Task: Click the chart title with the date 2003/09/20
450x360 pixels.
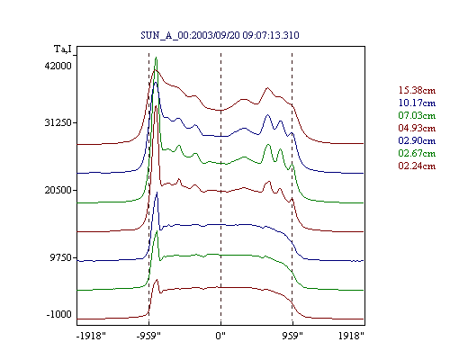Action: point(220,35)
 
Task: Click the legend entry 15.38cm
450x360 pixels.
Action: point(417,90)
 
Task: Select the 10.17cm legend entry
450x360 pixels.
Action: point(417,103)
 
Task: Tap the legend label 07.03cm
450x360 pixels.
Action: point(417,115)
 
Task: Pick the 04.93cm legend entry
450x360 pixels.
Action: point(417,128)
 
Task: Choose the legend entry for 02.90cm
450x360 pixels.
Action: point(417,140)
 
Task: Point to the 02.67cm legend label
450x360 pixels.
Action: point(417,153)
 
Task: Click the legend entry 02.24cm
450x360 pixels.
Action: point(417,166)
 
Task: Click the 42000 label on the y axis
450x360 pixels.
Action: point(58,66)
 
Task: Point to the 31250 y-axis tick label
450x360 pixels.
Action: point(58,122)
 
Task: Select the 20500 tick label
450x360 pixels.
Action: point(58,190)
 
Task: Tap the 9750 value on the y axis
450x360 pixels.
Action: point(61,257)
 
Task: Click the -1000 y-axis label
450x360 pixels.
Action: point(59,314)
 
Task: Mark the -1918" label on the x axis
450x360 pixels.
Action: point(91,336)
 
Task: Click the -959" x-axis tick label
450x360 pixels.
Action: point(148,336)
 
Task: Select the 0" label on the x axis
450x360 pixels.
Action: point(220,336)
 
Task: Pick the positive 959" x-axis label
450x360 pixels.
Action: point(292,336)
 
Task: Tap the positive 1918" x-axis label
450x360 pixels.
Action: point(351,336)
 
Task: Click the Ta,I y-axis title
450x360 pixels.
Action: point(63,49)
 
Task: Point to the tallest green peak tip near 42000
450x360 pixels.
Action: point(156,57)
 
